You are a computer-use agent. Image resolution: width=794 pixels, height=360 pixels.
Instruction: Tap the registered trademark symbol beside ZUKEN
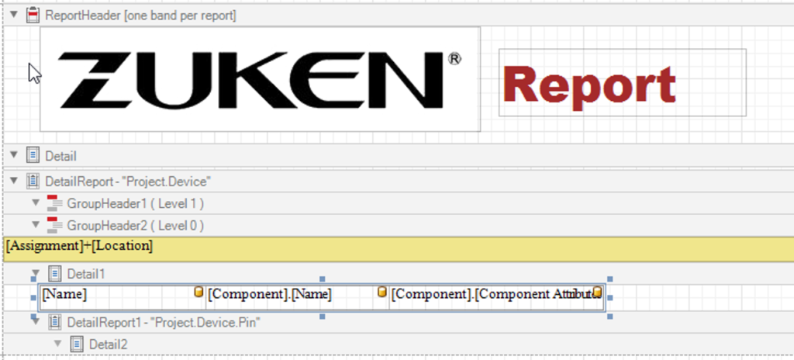tap(454, 59)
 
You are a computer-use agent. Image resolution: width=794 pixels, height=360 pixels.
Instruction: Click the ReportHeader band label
tap(140, 15)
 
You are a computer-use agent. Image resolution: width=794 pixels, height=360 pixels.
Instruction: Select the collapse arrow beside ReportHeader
tap(13, 14)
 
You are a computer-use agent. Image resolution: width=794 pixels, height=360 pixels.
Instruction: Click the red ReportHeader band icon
tap(32, 15)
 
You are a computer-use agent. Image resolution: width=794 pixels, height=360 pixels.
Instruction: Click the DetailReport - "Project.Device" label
tap(129, 181)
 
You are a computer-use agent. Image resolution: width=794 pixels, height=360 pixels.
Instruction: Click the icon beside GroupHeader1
tap(54, 203)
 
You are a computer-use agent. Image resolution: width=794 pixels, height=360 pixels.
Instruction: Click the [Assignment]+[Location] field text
tap(79, 246)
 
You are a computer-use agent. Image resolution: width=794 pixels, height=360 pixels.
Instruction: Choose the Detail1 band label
tap(85, 273)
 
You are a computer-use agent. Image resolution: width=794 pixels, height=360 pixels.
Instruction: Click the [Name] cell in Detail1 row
tap(65, 294)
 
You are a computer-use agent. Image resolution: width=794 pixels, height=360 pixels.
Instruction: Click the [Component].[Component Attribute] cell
tap(490, 294)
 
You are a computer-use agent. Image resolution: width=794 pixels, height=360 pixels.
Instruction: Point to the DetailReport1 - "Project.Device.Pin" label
tap(162, 322)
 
